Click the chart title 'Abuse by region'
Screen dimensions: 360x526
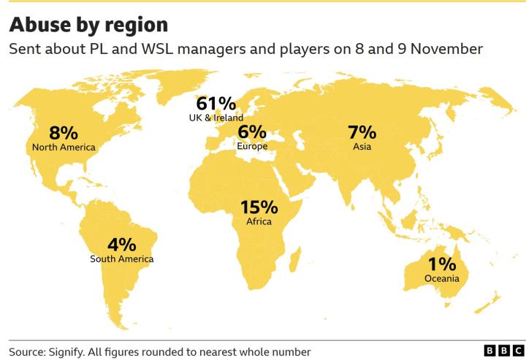[88, 25]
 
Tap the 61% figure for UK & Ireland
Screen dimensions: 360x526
[216, 104]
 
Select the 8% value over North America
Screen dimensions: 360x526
[64, 133]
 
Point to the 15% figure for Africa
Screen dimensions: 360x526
[259, 207]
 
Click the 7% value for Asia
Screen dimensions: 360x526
[362, 132]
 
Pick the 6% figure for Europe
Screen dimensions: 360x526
[252, 132]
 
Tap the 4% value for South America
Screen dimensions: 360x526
[121, 245]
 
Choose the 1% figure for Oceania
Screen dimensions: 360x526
[442, 264]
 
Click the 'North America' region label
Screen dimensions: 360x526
[64, 148]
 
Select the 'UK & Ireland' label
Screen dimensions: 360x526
[216, 118]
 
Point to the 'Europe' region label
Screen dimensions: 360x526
[252, 146]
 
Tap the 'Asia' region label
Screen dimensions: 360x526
[362, 147]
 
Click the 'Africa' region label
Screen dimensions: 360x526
[259, 221]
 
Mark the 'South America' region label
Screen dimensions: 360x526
[121, 259]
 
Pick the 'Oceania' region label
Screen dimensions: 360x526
[442, 278]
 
